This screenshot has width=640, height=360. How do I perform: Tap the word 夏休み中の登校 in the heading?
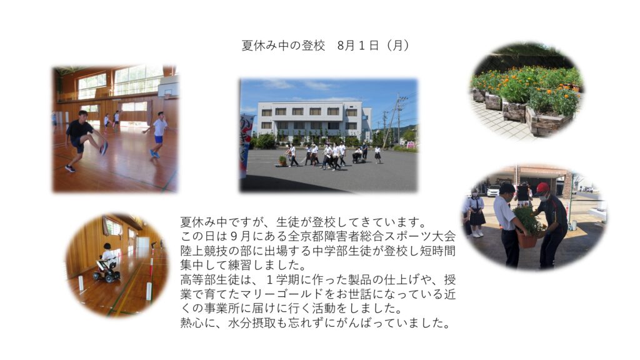point(283,45)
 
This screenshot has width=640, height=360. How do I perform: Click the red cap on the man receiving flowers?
point(542,188)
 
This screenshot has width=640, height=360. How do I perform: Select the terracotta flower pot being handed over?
point(527,239)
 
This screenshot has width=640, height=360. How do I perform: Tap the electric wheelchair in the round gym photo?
point(106,270)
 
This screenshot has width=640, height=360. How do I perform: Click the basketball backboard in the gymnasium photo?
point(168,88)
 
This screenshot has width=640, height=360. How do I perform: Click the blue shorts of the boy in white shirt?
point(158,139)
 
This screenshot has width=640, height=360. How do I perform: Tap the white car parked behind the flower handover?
point(494,191)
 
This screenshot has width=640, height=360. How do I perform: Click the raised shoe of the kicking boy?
point(104,148)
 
